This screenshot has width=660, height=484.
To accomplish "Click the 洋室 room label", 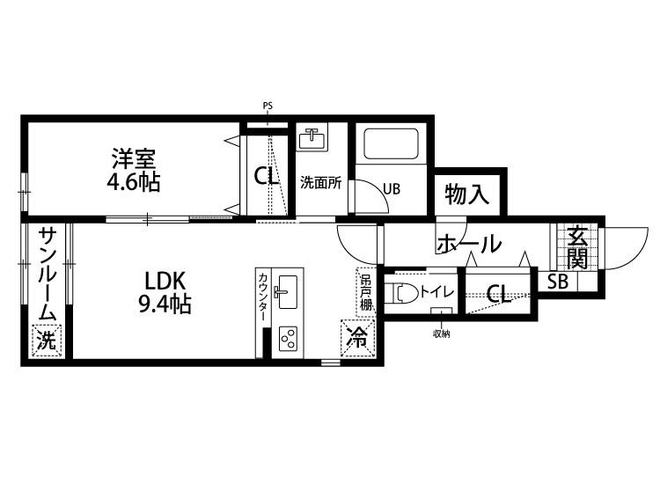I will pyautogui.click(x=134, y=159).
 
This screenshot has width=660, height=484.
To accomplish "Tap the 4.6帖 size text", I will pyautogui.click(x=134, y=183).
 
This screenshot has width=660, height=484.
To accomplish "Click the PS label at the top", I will pyautogui.click(x=268, y=106).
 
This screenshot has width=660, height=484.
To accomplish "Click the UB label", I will pyautogui.click(x=392, y=187).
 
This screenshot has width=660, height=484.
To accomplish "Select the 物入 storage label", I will pyautogui.click(x=466, y=194).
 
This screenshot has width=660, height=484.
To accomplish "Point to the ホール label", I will pyautogui.click(x=468, y=243).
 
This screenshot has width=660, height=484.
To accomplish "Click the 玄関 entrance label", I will pyautogui.click(x=577, y=247).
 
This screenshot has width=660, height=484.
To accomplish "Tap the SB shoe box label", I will pyautogui.click(x=558, y=282).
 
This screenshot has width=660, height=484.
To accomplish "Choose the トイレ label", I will pyautogui.click(x=436, y=290).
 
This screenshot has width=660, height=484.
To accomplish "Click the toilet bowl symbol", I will pyautogui.click(x=403, y=291).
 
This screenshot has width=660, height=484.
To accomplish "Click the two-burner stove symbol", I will pyautogui.click(x=288, y=339).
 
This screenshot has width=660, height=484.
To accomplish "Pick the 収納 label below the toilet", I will pyautogui.click(x=440, y=334).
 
